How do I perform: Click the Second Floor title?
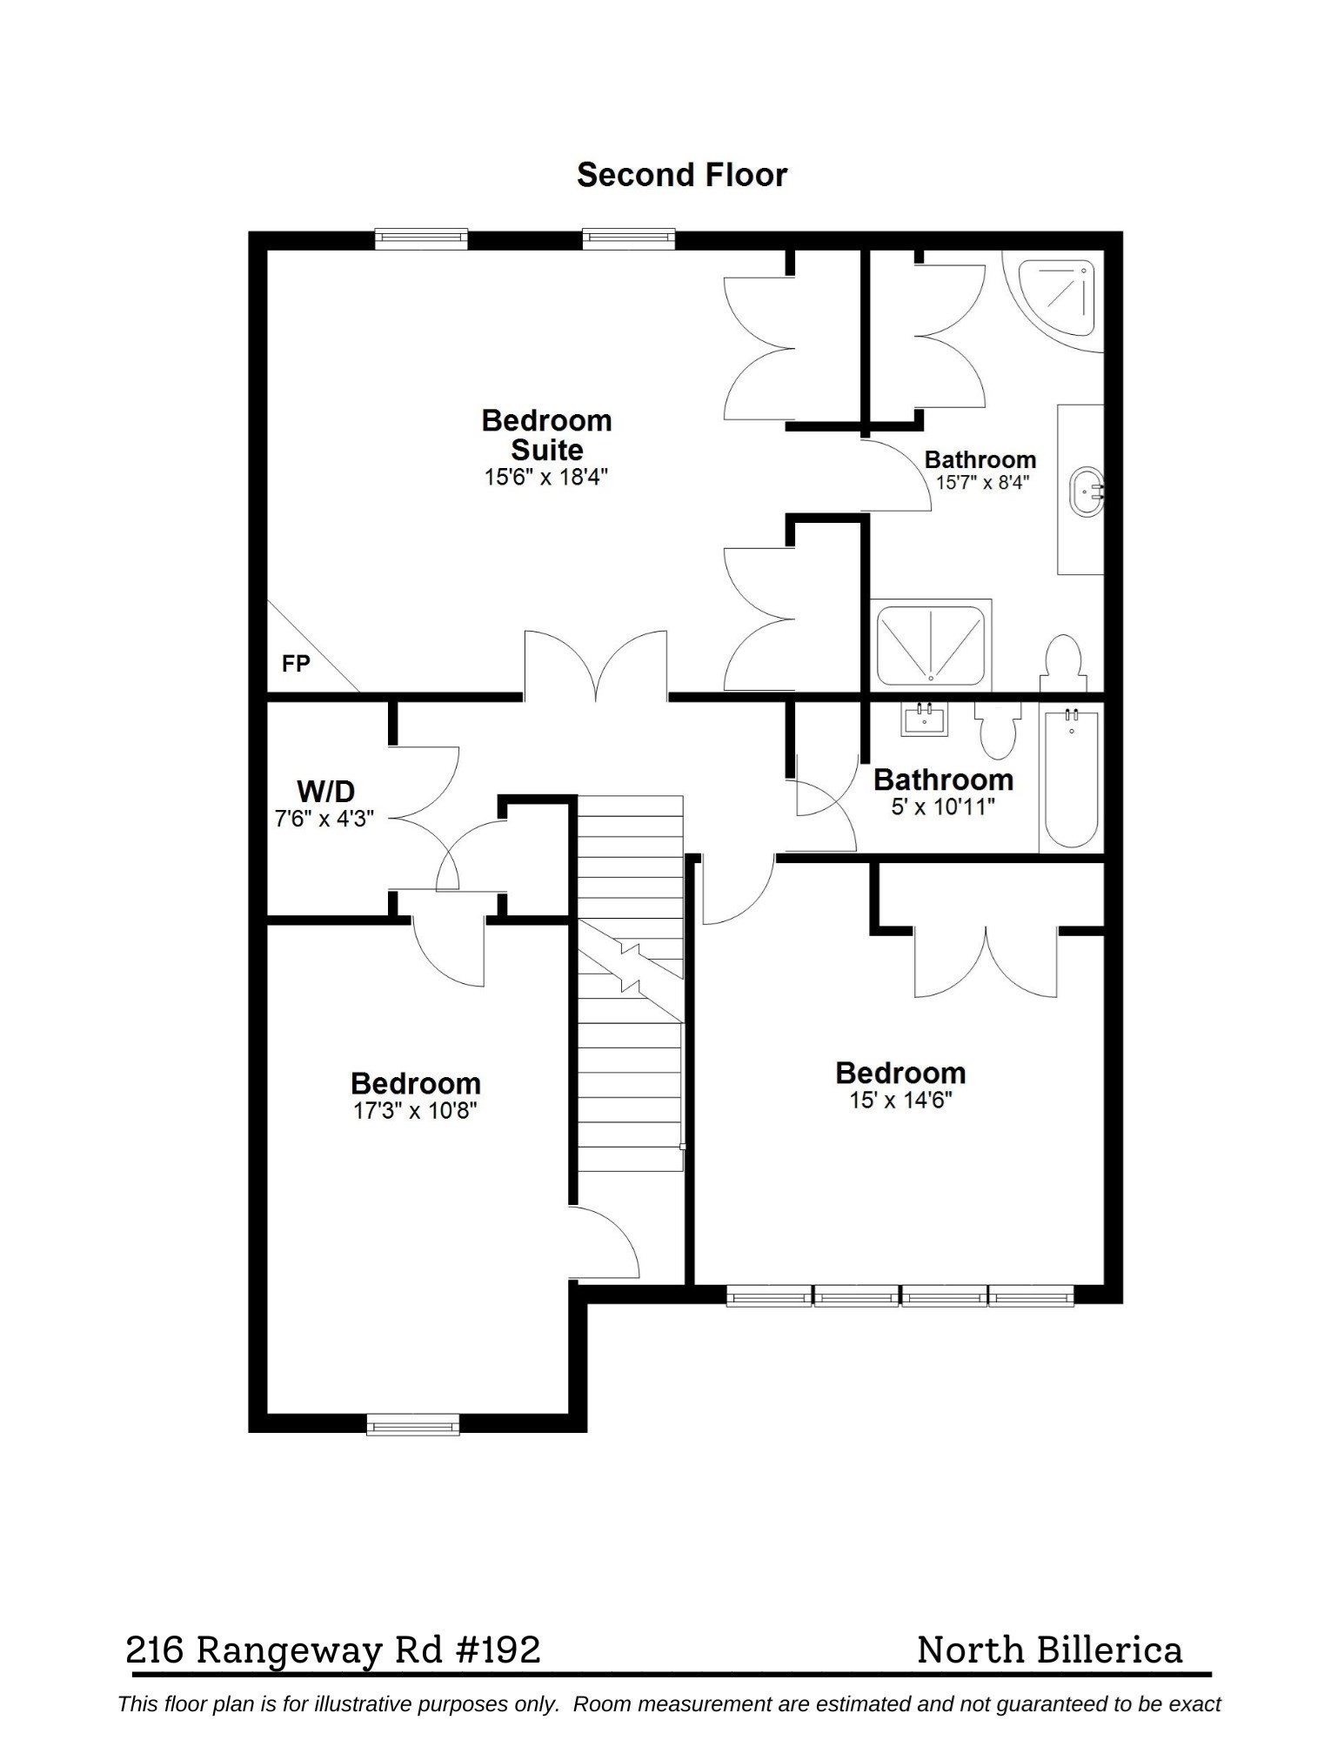click(x=681, y=175)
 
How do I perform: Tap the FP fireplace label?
click(x=296, y=664)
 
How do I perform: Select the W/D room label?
click(x=326, y=792)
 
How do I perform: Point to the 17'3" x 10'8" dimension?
click(x=415, y=1111)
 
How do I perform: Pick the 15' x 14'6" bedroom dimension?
click(x=900, y=1101)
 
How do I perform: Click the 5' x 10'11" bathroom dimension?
click(x=942, y=806)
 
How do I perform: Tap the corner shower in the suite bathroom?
click(x=1060, y=296)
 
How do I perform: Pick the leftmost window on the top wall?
click(x=421, y=238)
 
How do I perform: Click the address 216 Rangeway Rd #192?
click(x=333, y=1650)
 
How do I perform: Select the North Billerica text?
click(x=1049, y=1650)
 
